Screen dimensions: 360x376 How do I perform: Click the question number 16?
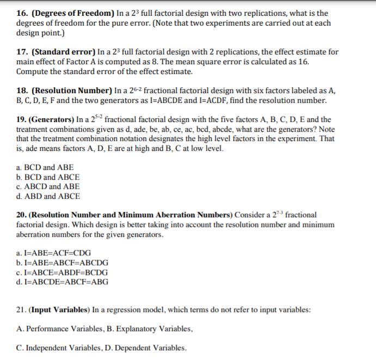click(22, 13)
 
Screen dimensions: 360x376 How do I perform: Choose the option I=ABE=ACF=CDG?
click(54, 253)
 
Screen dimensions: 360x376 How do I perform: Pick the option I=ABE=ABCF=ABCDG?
click(62, 263)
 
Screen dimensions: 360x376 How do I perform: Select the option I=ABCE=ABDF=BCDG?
click(62, 272)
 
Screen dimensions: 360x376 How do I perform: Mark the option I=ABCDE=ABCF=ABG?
click(62, 282)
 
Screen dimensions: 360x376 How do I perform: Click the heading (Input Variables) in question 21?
click(60, 310)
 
